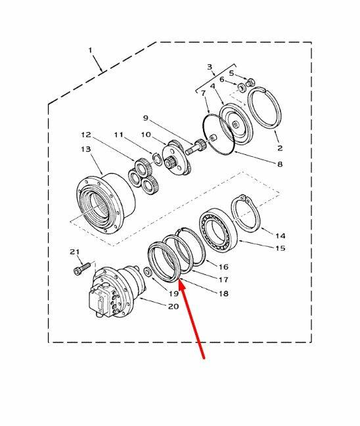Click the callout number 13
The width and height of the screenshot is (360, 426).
tap(86, 149)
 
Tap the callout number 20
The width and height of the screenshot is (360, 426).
tap(173, 306)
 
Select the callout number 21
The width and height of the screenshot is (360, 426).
tap(74, 252)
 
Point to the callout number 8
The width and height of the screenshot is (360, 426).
tap(280, 164)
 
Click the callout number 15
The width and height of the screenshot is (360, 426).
tap(281, 248)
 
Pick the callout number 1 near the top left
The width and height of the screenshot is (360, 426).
tap(90, 51)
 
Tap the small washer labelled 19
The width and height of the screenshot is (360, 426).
tap(148, 271)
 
